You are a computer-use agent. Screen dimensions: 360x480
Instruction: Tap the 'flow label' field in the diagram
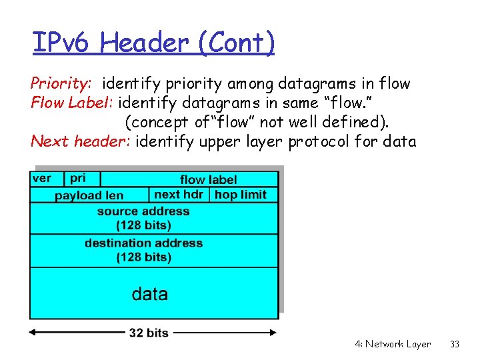pyautogui.click(x=208, y=179)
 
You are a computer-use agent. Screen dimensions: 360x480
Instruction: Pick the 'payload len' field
pyautogui.click(x=89, y=195)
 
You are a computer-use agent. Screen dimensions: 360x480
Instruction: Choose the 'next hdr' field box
pyautogui.click(x=179, y=195)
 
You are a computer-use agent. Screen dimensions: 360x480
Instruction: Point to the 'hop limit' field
pyautogui.click(x=241, y=195)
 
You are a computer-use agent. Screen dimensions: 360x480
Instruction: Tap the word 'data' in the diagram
pyautogui.click(x=150, y=294)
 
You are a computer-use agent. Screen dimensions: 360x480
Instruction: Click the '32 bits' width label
pyautogui.click(x=149, y=333)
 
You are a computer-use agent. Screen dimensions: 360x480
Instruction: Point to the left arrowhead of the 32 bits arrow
pyautogui.click(x=34, y=332)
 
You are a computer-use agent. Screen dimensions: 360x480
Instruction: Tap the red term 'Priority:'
pyautogui.click(x=61, y=84)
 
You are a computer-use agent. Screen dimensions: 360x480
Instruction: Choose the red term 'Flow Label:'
pyautogui.click(x=73, y=103)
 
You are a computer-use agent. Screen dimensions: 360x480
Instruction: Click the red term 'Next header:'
pyautogui.click(x=81, y=141)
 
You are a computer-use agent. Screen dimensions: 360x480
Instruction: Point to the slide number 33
pyautogui.click(x=455, y=345)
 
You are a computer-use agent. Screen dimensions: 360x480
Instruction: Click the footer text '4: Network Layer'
pyautogui.click(x=393, y=345)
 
